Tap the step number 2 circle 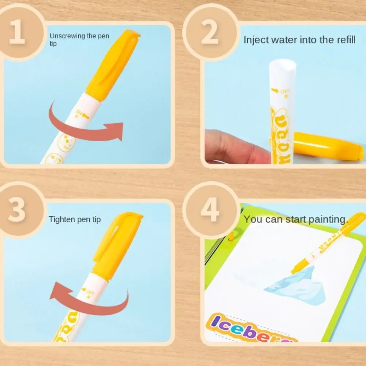point(210,32)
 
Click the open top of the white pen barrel point(282,66)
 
